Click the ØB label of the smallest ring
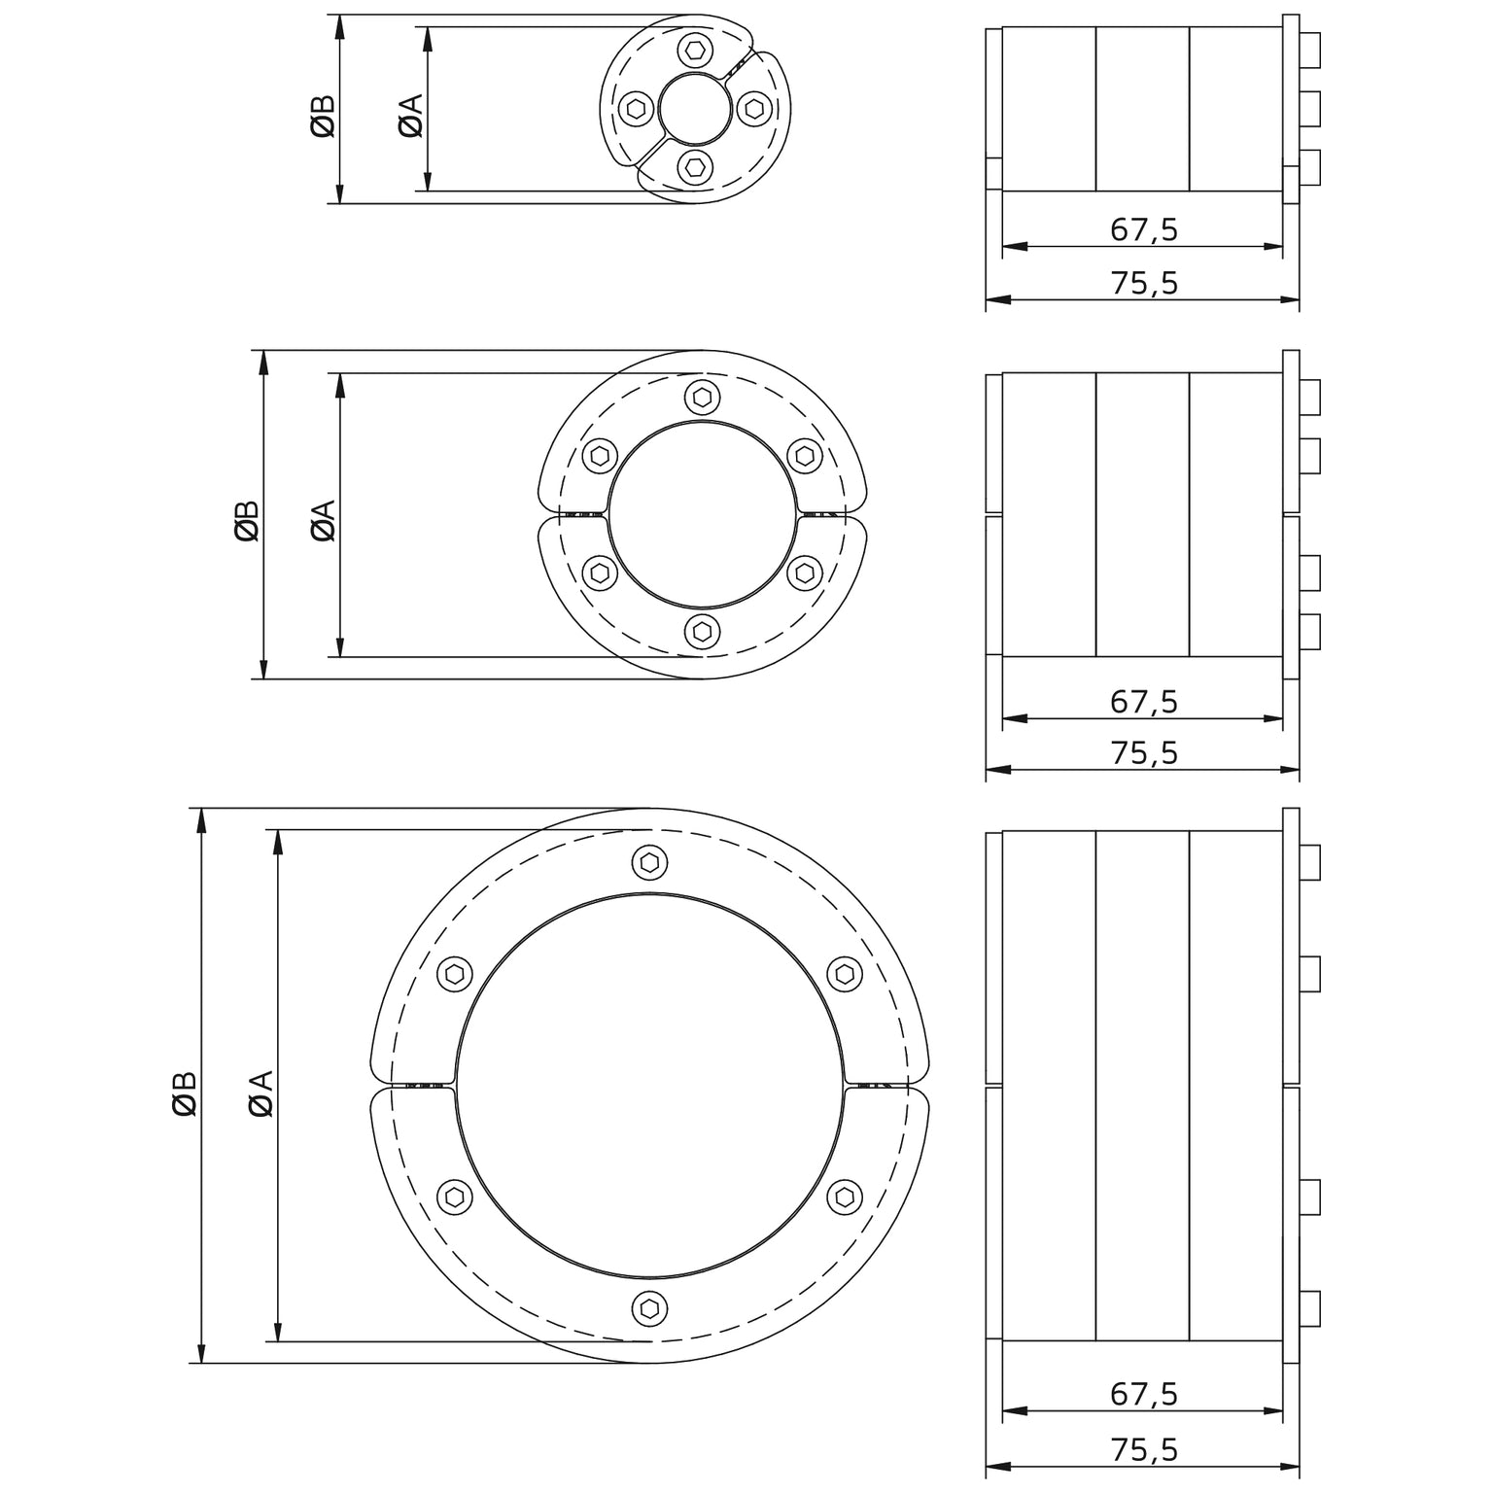point(324,116)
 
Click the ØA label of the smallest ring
point(410,116)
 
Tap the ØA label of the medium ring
point(323,520)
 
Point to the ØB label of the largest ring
point(185,1094)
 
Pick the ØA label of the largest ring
point(260,1094)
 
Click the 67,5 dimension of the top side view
point(1144,229)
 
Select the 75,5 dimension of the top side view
point(1144,283)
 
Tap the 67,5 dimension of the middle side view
point(1144,701)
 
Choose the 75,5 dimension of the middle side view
point(1144,753)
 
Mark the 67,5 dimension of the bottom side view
point(1144,1394)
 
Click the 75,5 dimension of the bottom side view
point(1144,1449)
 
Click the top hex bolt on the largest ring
point(649,862)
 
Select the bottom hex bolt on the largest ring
point(649,1307)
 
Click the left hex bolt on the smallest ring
point(635,109)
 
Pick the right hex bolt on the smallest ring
point(753,108)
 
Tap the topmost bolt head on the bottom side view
point(1309,862)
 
